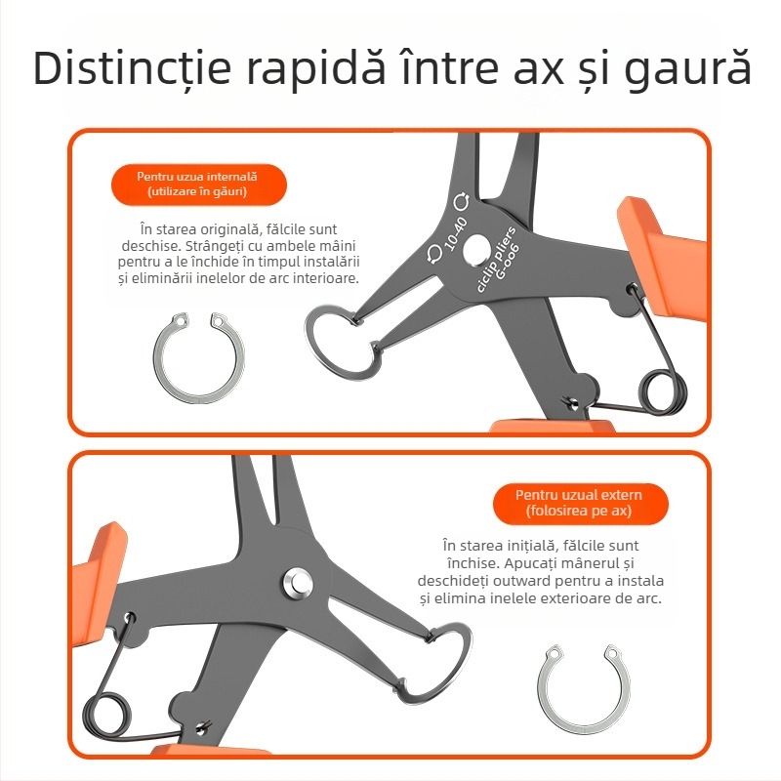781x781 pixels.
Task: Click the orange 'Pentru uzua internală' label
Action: tap(197, 185)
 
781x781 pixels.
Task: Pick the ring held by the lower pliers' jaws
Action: tap(442, 663)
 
